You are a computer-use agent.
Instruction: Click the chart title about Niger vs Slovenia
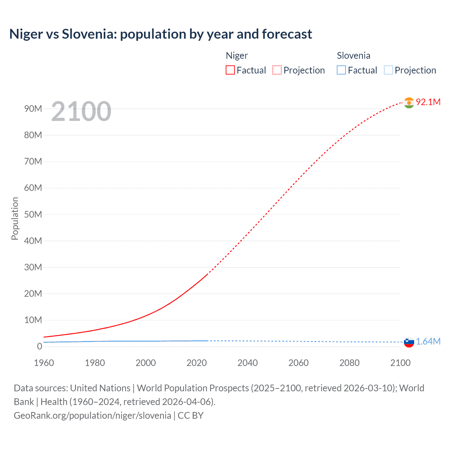[161, 34]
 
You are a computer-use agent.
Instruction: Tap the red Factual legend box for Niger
[230, 70]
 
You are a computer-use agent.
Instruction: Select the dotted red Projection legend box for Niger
[277, 70]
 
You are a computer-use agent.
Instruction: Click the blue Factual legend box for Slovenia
[341, 70]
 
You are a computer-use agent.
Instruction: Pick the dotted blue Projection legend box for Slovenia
[388, 70]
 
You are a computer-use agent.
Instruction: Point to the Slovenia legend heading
[353, 56]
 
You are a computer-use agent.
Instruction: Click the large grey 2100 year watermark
[81, 111]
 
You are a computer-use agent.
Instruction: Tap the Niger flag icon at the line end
[409, 103]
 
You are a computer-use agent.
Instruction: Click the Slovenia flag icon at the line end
[409, 342]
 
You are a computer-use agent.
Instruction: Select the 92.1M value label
[428, 102]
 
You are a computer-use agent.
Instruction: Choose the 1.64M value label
[428, 341]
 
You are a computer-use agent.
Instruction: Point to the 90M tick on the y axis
[33, 109]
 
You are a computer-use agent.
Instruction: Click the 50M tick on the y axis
[33, 214]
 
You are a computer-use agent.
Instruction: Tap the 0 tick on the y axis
[39, 346]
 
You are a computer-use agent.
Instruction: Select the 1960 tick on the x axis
[44, 363]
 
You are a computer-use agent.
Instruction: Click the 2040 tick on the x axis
[247, 363]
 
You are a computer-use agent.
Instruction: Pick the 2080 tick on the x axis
[349, 363]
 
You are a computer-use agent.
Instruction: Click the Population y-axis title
[15, 218]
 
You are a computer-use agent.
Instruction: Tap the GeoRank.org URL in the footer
[92, 415]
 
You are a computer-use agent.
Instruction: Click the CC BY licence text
[191, 415]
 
